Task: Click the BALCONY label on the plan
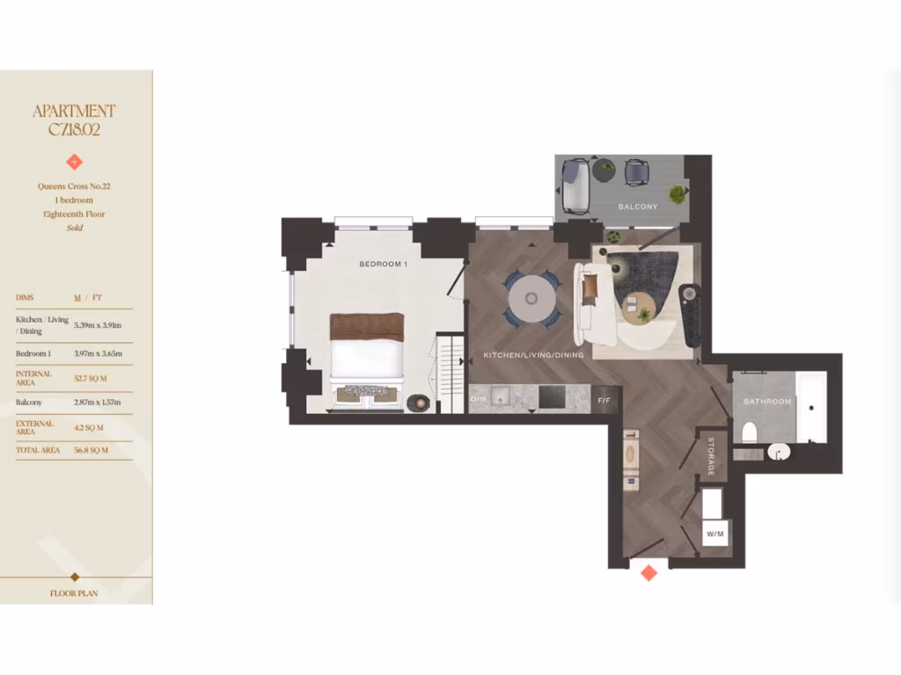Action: [x=638, y=207]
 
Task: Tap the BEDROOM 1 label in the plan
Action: [x=384, y=265]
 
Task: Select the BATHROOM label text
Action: [x=767, y=402]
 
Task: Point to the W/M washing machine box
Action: [x=714, y=533]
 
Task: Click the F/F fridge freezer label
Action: [x=604, y=401]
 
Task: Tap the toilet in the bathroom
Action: [x=750, y=432]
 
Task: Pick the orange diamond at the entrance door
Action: [x=648, y=573]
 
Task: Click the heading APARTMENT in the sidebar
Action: [x=75, y=112]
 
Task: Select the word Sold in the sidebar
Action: [x=75, y=228]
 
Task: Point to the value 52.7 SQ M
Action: [x=92, y=379]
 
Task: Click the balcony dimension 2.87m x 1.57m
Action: [x=99, y=403]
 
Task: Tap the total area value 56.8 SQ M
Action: [x=92, y=450]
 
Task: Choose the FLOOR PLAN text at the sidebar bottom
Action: [x=75, y=593]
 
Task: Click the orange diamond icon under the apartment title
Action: [x=75, y=162]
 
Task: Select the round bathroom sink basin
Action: [x=779, y=451]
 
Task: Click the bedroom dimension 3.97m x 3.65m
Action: [x=99, y=353]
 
